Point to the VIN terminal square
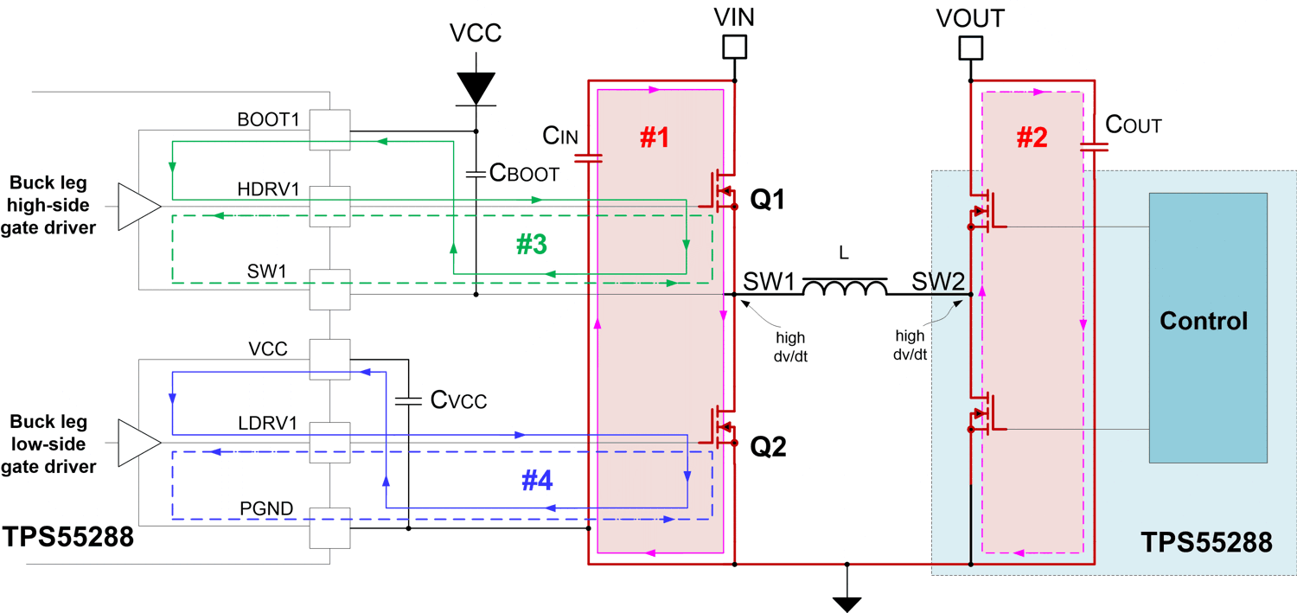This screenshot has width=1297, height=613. point(734,47)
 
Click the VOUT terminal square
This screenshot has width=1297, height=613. point(971,47)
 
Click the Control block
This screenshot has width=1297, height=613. point(1208,328)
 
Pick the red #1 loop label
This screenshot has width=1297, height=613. point(654,137)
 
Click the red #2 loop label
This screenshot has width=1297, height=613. point(1032,137)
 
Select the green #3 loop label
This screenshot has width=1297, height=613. point(531,245)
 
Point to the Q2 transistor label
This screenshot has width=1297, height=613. point(767,447)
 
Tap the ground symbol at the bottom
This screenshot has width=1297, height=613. point(847,603)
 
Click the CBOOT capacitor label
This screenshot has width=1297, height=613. point(524,173)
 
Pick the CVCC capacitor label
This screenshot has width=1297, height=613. point(458,400)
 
